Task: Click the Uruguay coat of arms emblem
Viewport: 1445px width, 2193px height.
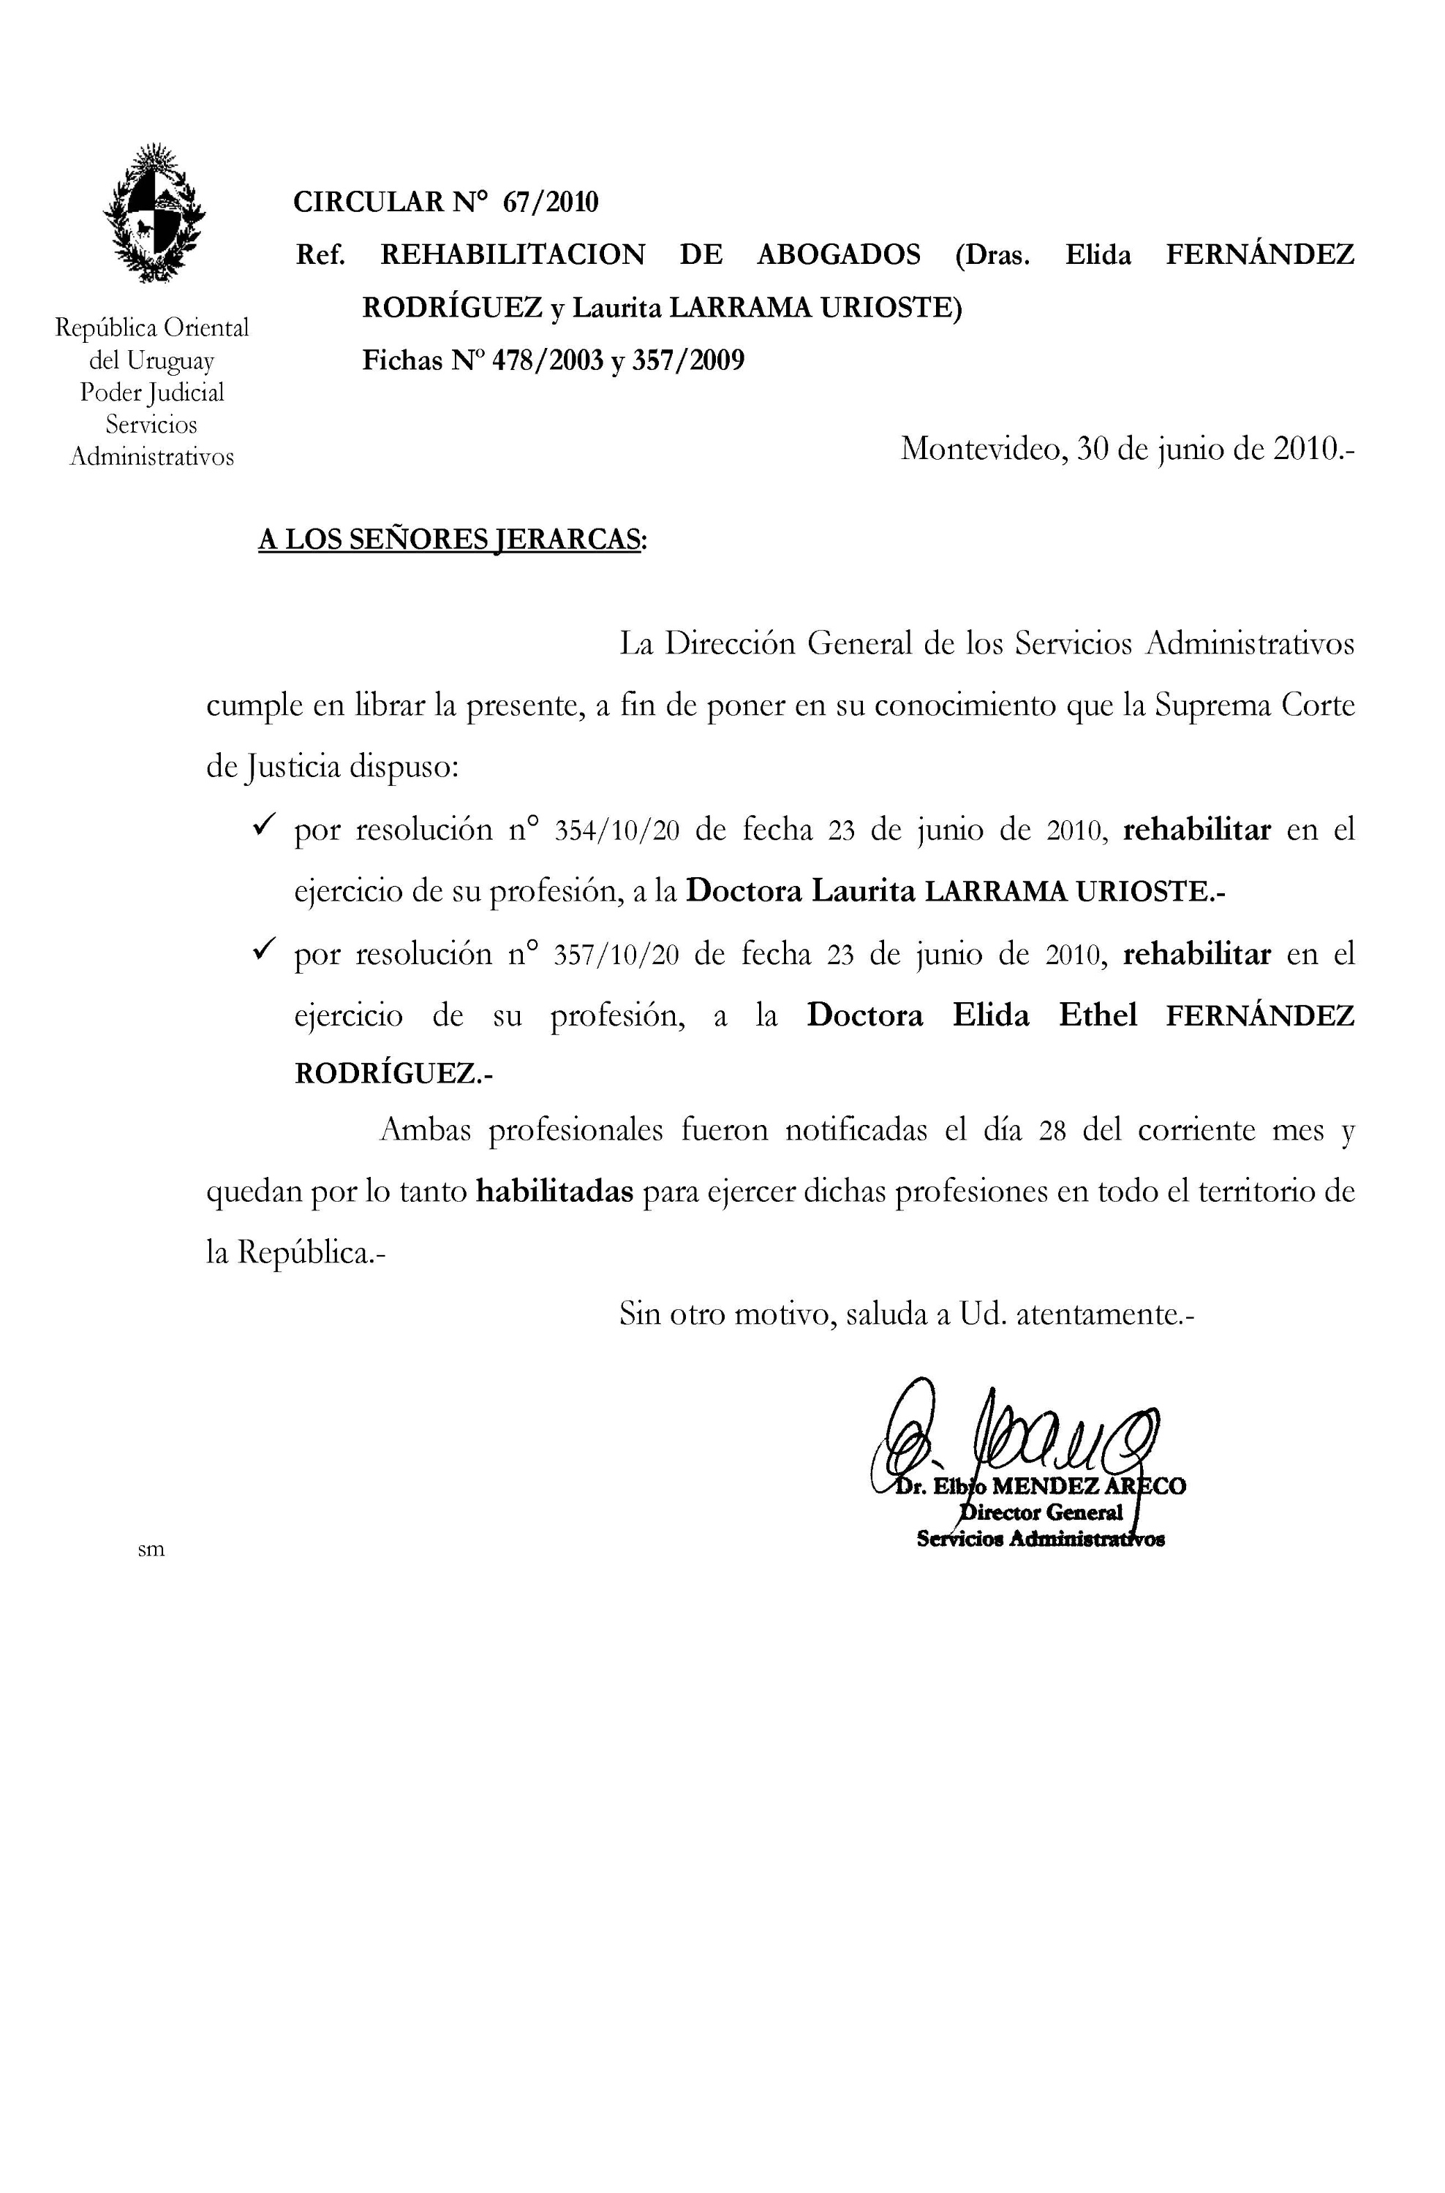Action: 153,213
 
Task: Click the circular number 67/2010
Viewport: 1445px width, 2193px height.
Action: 550,202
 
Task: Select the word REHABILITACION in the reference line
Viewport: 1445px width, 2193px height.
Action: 513,254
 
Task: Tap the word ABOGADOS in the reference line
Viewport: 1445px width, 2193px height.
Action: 838,254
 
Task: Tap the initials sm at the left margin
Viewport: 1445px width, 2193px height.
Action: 151,1550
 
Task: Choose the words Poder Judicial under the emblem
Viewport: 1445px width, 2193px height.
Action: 152,393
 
